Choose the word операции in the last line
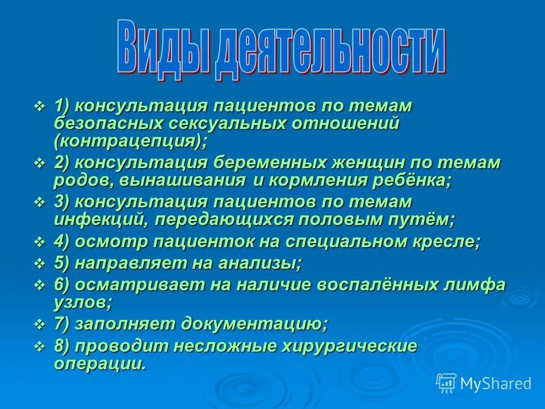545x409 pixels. pos(99,364)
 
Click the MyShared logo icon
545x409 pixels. pos(446,383)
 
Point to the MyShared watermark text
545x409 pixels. pos(496,383)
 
